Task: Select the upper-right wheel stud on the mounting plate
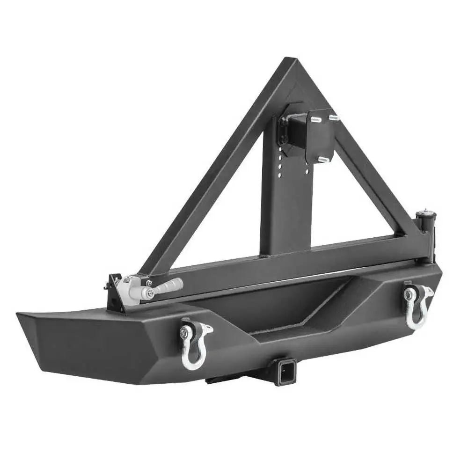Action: (x=333, y=117)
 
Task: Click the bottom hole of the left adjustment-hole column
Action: (x=280, y=176)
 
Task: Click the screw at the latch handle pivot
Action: (x=150, y=293)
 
